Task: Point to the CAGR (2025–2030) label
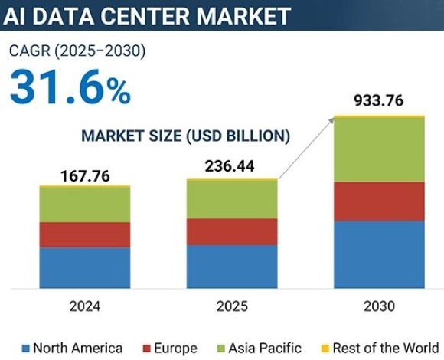[x=77, y=51]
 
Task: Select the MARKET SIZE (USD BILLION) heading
[x=186, y=136]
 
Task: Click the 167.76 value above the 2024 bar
[x=85, y=177]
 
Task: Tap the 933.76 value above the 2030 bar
[x=379, y=100]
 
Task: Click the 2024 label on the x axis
[x=85, y=306]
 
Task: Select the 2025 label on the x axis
[x=233, y=306]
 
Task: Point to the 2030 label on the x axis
[x=380, y=306]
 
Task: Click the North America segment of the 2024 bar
[x=85, y=268]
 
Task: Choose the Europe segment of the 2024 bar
[x=85, y=234]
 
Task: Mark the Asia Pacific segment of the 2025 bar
[x=233, y=199]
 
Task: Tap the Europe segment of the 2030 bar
[x=380, y=201]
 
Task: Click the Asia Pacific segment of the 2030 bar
[x=380, y=149]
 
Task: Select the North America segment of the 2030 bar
[x=380, y=254]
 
